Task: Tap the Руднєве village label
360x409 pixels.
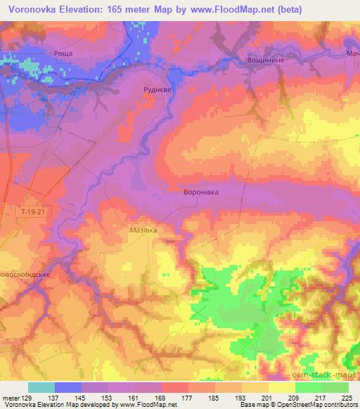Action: coord(155,89)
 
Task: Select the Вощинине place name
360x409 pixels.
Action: coord(264,60)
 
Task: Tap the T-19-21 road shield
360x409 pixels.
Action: coord(32,209)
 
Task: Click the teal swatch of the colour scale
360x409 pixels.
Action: coord(41,387)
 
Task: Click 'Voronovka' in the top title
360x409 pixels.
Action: coord(34,11)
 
